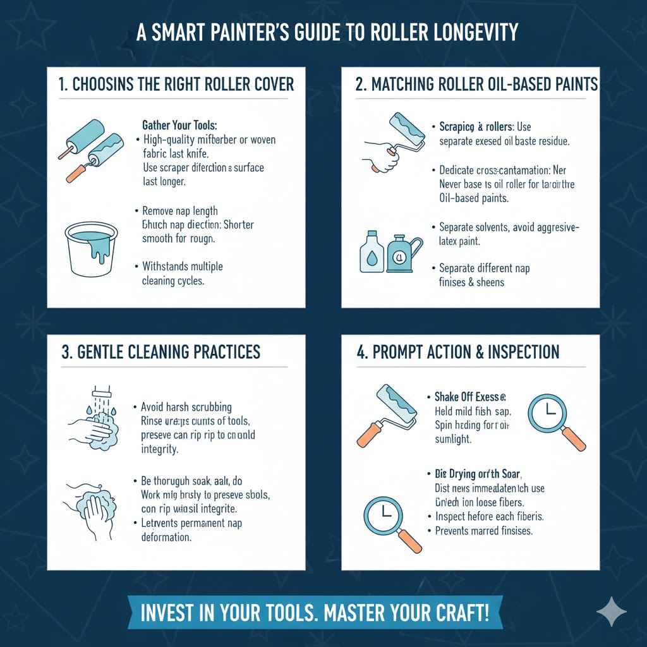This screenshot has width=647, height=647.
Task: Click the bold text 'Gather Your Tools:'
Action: (x=179, y=126)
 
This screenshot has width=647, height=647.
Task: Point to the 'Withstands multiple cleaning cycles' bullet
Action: (x=182, y=273)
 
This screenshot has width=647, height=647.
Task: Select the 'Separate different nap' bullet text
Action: (x=484, y=269)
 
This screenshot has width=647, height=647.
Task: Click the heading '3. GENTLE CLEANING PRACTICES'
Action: (x=161, y=352)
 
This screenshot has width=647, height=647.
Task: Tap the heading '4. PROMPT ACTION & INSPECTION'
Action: (x=457, y=352)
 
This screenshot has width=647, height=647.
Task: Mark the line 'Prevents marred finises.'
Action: (x=484, y=531)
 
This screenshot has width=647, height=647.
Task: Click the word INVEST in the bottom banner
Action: (x=167, y=613)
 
